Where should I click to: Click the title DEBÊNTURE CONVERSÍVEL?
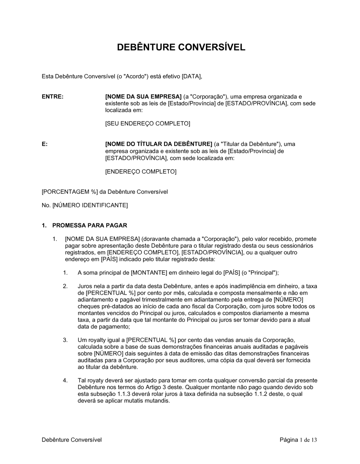(x=181, y=47)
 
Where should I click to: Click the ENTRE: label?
(x=53, y=97)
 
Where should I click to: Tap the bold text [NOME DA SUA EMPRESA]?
(x=143, y=97)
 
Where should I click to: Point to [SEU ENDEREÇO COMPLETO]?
(x=148, y=124)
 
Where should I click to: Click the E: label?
(x=45, y=144)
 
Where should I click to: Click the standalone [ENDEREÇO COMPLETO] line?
(x=141, y=172)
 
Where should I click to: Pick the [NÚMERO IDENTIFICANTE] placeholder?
(x=90, y=205)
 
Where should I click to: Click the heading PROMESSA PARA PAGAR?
(x=90, y=226)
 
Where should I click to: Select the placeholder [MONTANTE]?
(x=149, y=273)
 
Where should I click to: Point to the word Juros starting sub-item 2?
(x=85, y=286)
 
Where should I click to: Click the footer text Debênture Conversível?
(x=72, y=440)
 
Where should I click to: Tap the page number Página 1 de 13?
(x=298, y=440)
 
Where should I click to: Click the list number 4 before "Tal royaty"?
(x=65, y=380)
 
